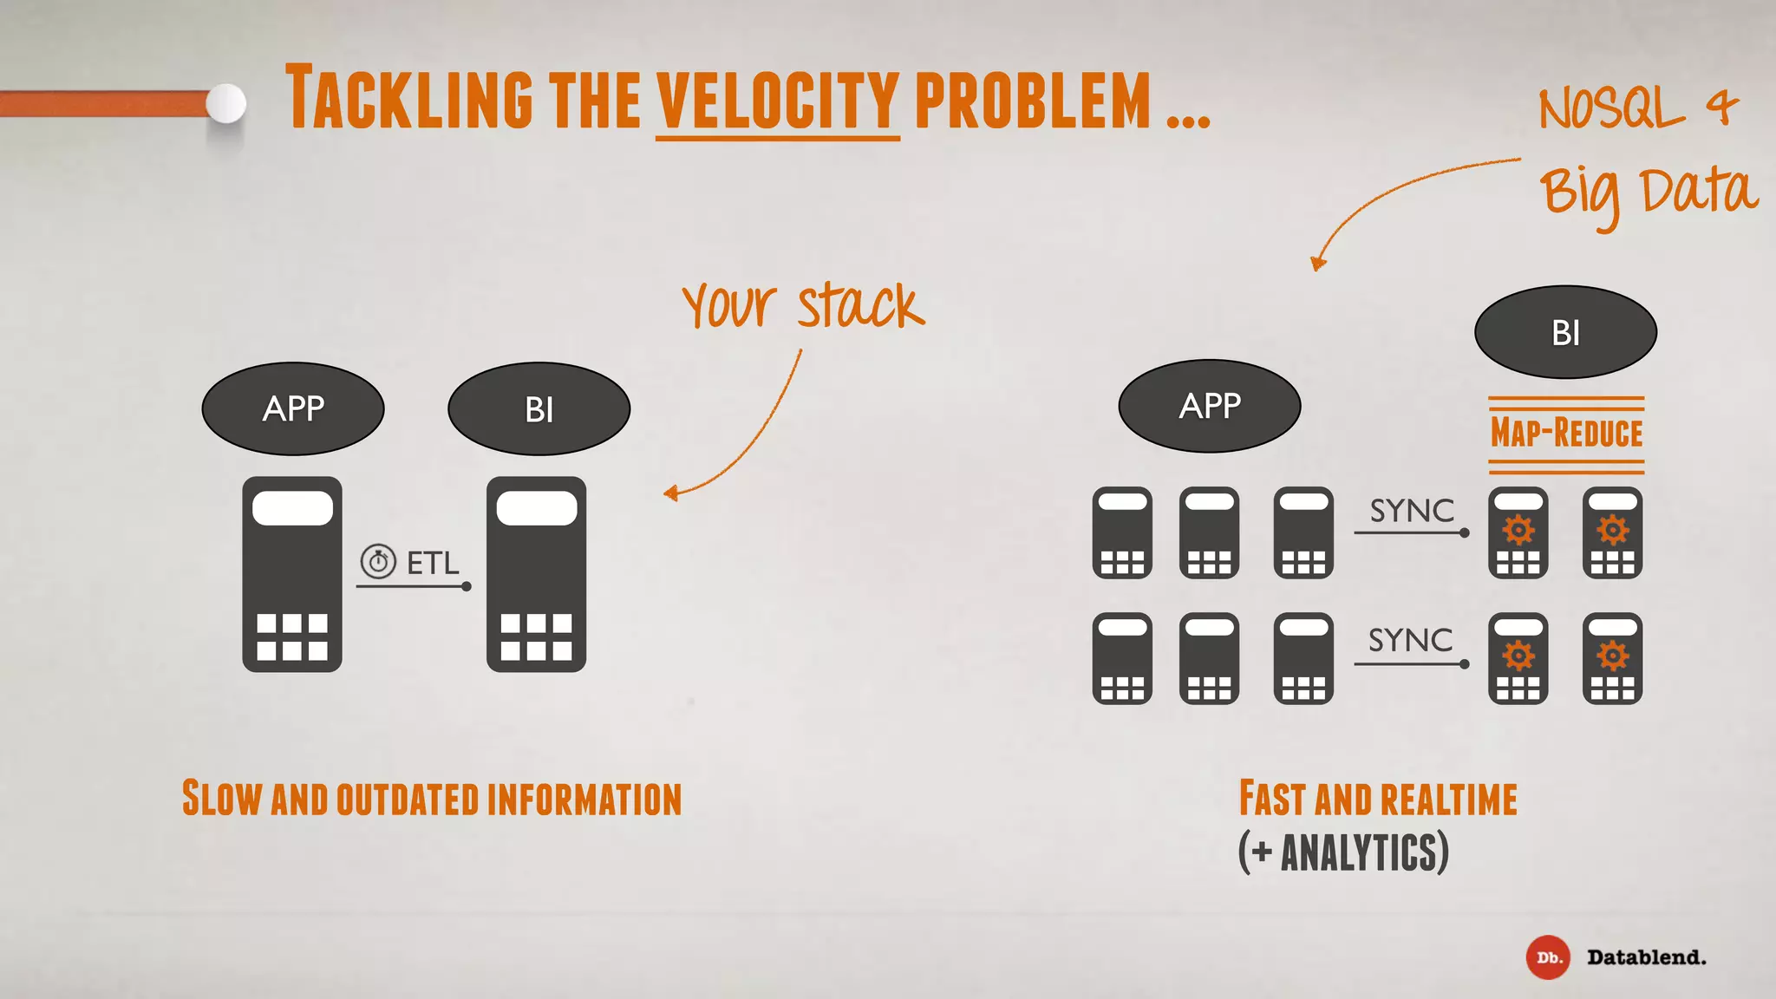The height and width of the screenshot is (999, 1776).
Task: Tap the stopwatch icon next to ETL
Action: [378, 562]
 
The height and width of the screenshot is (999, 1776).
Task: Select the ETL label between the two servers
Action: [433, 564]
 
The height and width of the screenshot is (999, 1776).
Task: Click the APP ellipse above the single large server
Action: [293, 408]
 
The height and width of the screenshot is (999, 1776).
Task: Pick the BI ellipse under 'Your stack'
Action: [539, 409]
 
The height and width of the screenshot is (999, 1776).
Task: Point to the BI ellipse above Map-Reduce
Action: [1565, 332]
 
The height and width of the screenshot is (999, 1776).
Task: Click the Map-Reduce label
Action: [1566, 433]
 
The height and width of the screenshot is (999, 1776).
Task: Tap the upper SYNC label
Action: [1412, 511]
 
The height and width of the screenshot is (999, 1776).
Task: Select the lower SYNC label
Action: [1410, 640]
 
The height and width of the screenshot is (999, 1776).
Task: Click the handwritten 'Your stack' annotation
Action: [803, 306]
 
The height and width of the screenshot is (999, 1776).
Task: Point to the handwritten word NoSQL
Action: [1611, 110]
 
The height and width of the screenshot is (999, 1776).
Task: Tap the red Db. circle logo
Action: [1548, 957]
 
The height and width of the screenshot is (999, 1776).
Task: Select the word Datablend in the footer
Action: [1646, 957]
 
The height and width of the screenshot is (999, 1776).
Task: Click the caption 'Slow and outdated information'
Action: [432, 799]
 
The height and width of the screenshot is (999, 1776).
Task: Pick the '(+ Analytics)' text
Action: [1343, 852]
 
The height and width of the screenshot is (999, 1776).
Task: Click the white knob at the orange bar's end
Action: [226, 104]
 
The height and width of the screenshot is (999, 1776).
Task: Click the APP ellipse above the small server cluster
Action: [1209, 406]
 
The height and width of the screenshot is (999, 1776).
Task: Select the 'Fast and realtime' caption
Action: [1378, 799]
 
